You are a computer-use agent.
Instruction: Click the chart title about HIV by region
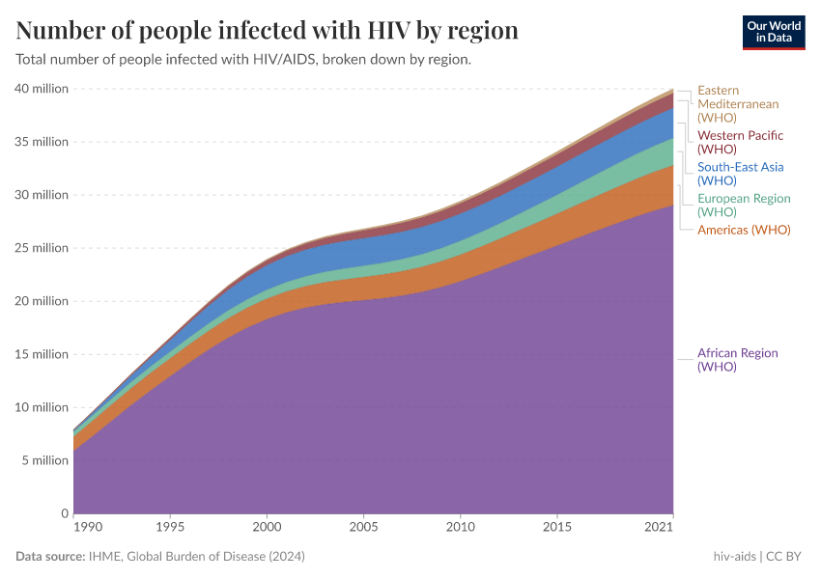click(268, 31)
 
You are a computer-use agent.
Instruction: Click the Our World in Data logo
click(774, 32)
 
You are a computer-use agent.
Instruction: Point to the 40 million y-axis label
click(42, 89)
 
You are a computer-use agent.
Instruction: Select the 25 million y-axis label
click(42, 248)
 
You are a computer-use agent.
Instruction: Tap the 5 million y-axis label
click(45, 460)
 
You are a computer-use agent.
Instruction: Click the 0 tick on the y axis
click(65, 513)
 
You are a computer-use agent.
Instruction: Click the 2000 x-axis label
click(267, 529)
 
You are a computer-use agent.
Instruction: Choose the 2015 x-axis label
click(557, 529)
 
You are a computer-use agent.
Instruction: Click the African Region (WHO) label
click(737, 360)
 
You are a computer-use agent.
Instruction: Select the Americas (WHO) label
click(744, 230)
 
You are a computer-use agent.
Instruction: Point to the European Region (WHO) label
click(744, 205)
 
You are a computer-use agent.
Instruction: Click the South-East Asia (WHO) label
click(740, 173)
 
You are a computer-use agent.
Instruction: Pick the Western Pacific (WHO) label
click(740, 142)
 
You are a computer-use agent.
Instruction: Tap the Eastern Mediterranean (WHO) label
click(738, 103)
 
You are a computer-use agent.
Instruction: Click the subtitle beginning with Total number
click(243, 60)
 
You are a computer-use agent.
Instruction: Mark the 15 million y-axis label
click(42, 354)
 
